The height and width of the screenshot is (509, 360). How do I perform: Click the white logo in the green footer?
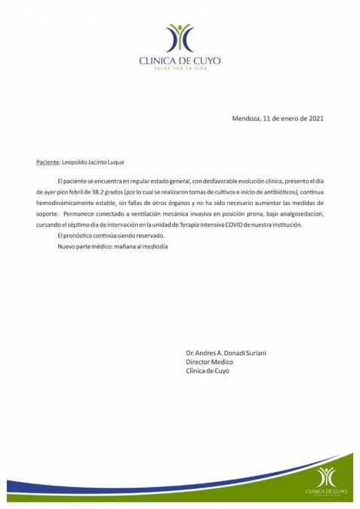pyautogui.click(x=326, y=477)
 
